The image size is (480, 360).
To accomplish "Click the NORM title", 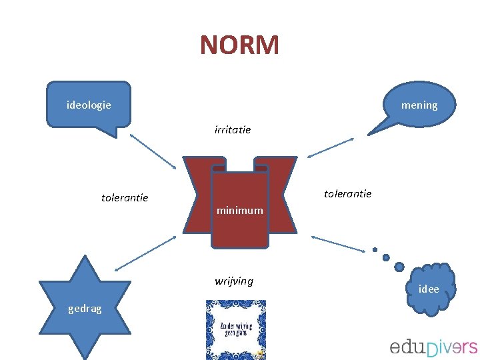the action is pyautogui.click(x=239, y=45).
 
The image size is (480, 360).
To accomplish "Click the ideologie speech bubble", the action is pyautogui.click(x=89, y=105).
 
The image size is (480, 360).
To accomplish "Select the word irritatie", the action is pyautogui.click(x=233, y=130).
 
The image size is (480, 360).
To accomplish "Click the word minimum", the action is pyautogui.click(x=239, y=211).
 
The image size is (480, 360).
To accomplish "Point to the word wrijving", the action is pyautogui.click(x=234, y=281).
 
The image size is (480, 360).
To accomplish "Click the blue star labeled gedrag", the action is pyautogui.click(x=85, y=307).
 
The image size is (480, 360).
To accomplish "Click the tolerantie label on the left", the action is pyautogui.click(x=125, y=198).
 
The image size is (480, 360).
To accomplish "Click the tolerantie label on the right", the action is pyautogui.click(x=347, y=193).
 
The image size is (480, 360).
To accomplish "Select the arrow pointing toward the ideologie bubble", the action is pyautogui.click(x=153, y=151).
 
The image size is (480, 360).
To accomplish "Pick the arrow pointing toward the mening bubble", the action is pyautogui.click(x=331, y=148).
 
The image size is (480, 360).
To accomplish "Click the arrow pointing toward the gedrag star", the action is pyautogui.click(x=145, y=253).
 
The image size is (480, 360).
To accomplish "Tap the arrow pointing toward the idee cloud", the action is pyautogui.click(x=337, y=243).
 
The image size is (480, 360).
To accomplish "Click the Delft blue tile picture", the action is pyautogui.click(x=235, y=329).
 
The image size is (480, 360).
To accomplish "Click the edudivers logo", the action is pyautogui.click(x=433, y=347).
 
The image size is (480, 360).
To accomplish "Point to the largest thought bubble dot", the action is pyautogui.click(x=399, y=266).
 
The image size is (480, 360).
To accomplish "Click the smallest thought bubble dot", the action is pyautogui.click(x=375, y=250).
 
